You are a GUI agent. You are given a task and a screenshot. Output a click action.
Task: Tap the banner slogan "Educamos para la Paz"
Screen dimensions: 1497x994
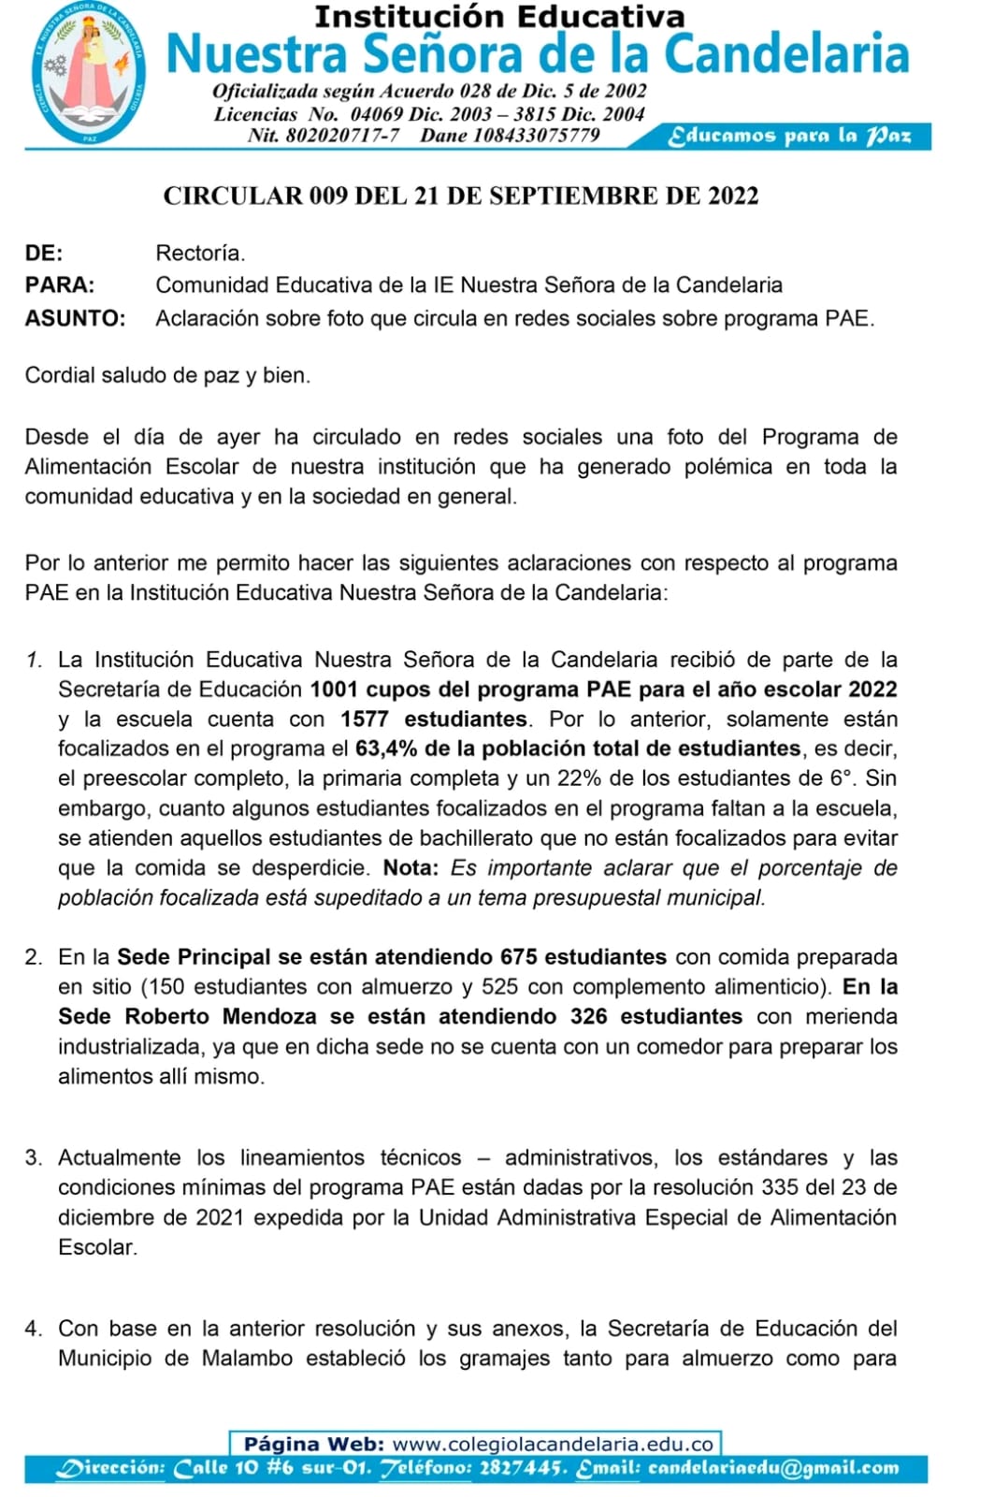[788, 136]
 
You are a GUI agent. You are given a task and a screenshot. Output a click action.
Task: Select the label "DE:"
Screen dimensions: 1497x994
[44, 253]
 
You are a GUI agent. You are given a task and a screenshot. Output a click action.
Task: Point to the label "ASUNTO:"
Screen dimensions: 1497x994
[75, 318]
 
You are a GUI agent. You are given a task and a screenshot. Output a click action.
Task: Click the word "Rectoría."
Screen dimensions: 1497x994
[200, 253]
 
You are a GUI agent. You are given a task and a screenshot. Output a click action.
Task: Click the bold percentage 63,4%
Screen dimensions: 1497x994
[387, 748]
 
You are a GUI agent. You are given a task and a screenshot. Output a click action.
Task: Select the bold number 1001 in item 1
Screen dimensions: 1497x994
[334, 690]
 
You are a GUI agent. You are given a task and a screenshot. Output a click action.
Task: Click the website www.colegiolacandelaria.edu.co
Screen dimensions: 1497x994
[554, 1445]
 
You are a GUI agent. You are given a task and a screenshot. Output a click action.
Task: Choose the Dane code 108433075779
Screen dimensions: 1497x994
[536, 135]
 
